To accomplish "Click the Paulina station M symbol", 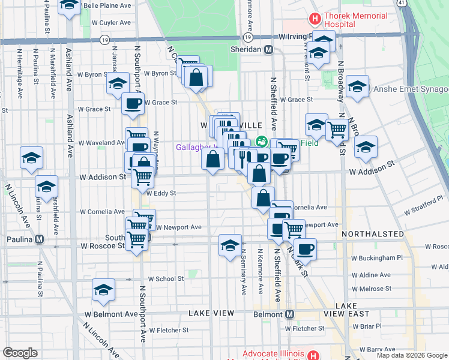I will click(x=39, y=239).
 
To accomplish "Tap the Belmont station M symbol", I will click(x=289, y=314).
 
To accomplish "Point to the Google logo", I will click(x=20, y=353).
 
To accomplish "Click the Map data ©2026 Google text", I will click(x=411, y=355).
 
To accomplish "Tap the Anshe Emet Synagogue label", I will click(x=411, y=89).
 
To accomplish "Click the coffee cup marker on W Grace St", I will click(x=133, y=103).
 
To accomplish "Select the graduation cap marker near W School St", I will click(x=104, y=290).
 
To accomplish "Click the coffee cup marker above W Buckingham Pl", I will click(x=305, y=249).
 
